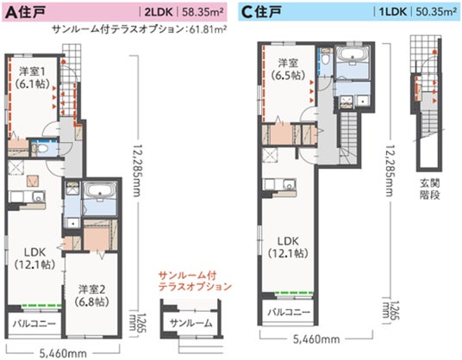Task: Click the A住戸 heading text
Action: [x=25, y=12]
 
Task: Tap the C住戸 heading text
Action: [x=261, y=12]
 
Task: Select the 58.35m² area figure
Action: [x=203, y=12]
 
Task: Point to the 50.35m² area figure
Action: [x=436, y=12]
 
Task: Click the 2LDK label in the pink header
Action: [x=159, y=12]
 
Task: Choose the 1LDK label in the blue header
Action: [x=393, y=12]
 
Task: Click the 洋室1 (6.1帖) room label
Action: [x=33, y=78]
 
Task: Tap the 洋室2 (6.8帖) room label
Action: [x=92, y=295]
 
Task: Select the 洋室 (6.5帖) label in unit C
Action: [x=289, y=70]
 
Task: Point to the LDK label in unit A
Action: [x=34, y=258]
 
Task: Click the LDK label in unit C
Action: [x=288, y=247]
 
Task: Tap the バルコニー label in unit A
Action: [x=34, y=324]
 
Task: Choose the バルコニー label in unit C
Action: [x=289, y=312]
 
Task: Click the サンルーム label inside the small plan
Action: [x=191, y=323]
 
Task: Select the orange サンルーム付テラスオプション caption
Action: [x=195, y=281]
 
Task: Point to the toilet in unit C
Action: [x=326, y=59]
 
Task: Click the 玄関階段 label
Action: [x=429, y=189]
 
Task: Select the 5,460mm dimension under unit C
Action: [x=316, y=339]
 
